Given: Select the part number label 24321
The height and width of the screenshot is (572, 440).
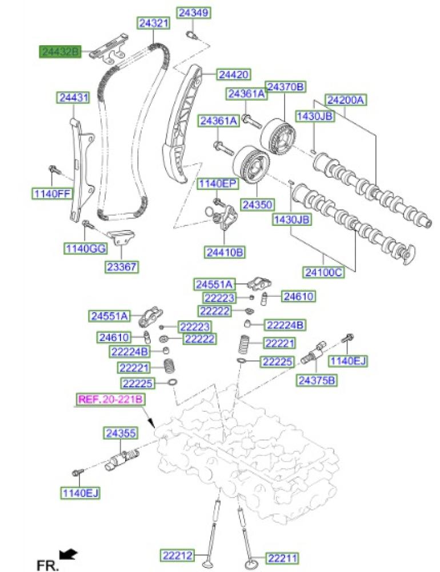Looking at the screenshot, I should tap(154, 23).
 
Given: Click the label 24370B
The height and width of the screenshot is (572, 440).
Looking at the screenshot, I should tap(286, 87).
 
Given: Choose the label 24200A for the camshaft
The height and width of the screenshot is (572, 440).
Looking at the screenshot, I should tap(346, 100).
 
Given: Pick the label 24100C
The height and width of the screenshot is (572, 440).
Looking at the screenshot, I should tap(323, 273).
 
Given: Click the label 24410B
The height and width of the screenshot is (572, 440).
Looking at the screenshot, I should tap(225, 251).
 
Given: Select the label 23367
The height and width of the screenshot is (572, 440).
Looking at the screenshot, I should tap(122, 267).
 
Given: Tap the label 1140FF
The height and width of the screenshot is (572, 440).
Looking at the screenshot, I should tap(51, 193).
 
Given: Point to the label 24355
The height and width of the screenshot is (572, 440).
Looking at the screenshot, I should tap(120, 434).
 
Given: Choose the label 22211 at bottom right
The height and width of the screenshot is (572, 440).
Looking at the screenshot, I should tap(284, 555).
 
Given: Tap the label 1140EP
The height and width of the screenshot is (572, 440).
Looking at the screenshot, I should tap(217, 184).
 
